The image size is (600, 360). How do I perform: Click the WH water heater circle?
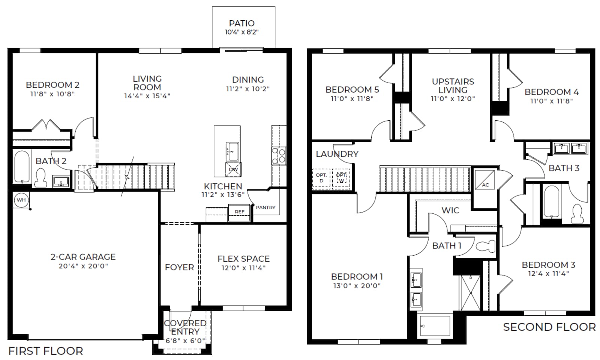point(21,200)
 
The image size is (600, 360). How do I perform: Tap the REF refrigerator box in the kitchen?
point(239,213)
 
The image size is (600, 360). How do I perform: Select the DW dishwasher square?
point(233,169)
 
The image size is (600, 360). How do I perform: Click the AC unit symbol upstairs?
point(485,180)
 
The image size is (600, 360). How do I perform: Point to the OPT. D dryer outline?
point(321,179)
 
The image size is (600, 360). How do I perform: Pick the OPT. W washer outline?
point(341,179)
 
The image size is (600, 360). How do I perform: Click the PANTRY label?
point(265,207)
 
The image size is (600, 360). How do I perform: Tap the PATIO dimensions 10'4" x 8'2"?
point(242,32)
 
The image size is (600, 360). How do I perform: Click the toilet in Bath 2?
point(41,178)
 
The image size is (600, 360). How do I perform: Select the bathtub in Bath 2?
point(22,166)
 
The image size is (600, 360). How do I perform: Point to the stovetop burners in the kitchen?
point(279,156)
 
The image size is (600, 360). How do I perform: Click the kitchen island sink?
point(232,151)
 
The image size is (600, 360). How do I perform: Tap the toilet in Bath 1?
point(486,245)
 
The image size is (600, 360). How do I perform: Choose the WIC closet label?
point(450,210)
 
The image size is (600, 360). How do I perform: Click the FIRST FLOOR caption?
point(46,351)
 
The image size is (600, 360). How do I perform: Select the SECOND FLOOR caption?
point(549,327)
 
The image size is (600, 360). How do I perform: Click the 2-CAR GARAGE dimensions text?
point(83,266)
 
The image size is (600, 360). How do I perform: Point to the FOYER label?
point(180,267)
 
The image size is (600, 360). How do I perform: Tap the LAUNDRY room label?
point(337,154)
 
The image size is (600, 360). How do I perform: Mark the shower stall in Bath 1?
point(470,293)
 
